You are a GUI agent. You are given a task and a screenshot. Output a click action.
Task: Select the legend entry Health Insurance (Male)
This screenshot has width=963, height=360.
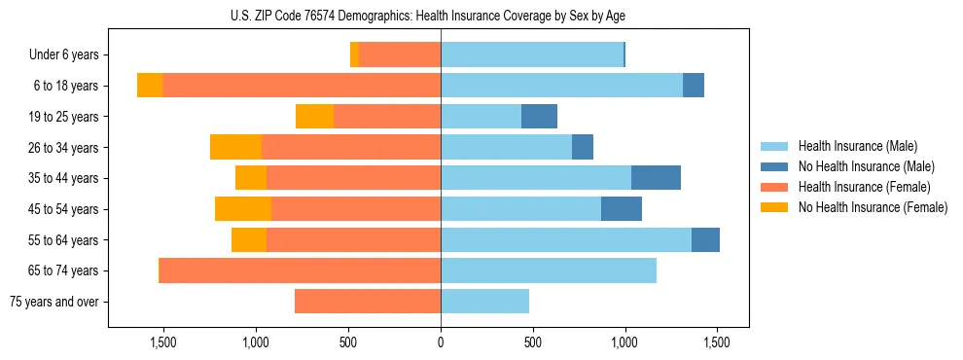pyautogui.click(x=857, y=146)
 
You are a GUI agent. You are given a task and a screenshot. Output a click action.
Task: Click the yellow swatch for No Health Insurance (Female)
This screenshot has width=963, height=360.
pyautogui.click(x=774, y=207)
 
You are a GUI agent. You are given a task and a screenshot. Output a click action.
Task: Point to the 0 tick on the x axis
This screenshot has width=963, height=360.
pyautogui.click(x=441, y=342)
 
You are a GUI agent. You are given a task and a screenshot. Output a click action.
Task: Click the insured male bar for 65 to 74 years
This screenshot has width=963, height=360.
pyautogui.click(x=549, y=270)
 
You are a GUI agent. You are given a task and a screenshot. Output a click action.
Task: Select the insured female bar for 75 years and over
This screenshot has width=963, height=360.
pyautogui.click(x=368, y=302)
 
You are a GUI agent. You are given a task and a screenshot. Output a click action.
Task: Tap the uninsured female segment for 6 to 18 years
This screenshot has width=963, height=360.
pyautogui.click(x=150, y=86)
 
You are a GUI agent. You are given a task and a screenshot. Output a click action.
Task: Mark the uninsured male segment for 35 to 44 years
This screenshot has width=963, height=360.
pyautogui.click(x=656, y=178)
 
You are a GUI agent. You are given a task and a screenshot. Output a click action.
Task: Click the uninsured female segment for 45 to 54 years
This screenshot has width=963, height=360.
pyautogui.click(x=243, y=209)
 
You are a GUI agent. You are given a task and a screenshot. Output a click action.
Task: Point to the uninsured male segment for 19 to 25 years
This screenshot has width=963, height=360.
pyautogui.click(x=539, y=117)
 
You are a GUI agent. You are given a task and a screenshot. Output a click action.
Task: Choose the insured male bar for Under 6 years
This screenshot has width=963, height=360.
pyautogui.click(x=532, y=55)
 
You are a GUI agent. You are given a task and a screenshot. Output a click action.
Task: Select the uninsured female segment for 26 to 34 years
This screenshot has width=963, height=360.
pyautogui.click(x=235, y=147)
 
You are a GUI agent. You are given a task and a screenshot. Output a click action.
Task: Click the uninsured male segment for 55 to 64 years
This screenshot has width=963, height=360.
pyautogui.click(x=705, y=239)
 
